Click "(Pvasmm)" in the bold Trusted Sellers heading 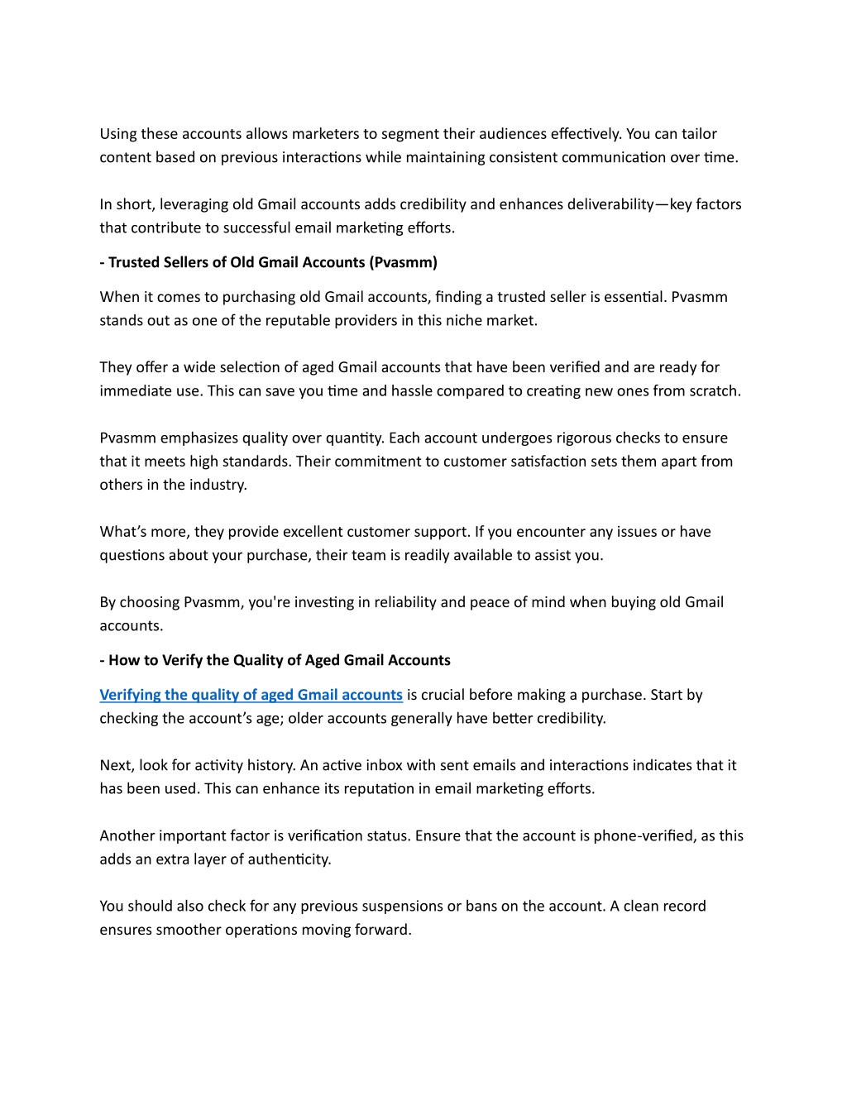tap(403, 262)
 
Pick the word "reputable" tap(298, 320)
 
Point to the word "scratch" tap(714, 390)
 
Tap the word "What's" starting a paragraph tap(123, 532)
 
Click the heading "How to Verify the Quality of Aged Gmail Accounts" tap(279, 660)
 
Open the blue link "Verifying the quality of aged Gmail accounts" tap(251, 695)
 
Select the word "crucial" tap(445, 695)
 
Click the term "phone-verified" tap(644, 835)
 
